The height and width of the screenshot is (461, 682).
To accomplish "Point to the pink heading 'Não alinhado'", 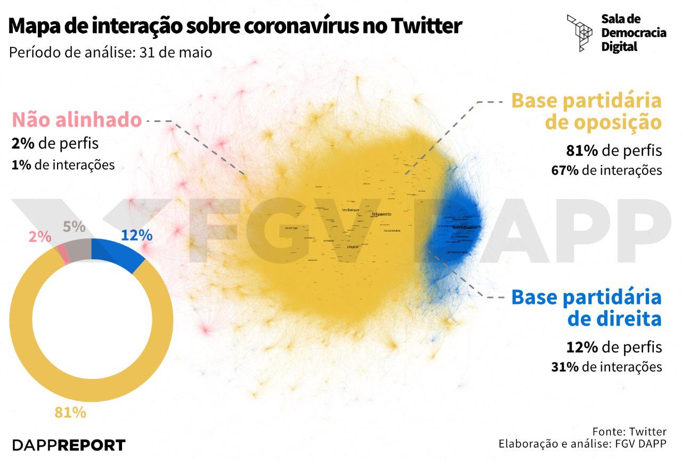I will pos(77,120).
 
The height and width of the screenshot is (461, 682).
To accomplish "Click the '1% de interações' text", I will pos(63,165).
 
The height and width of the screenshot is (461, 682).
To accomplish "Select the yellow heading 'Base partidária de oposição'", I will pos(586,111).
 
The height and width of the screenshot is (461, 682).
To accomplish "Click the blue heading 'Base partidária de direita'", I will pos(586,308).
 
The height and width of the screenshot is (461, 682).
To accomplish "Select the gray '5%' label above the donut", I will pos(74,227).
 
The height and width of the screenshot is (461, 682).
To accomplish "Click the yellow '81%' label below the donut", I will pos(70,412).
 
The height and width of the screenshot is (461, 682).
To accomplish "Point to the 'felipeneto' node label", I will pos(381,213).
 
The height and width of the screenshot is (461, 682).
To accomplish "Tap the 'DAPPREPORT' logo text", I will pos(69,445).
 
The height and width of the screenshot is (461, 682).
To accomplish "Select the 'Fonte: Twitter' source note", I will pos(629,431).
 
